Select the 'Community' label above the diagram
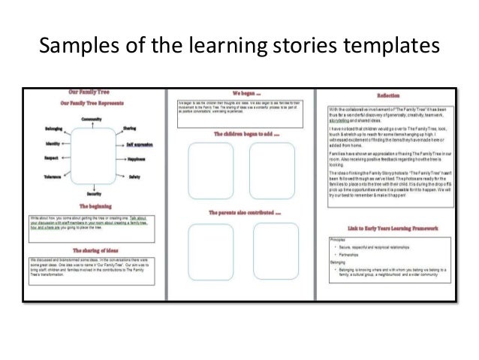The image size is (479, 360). click(x=92, y=119)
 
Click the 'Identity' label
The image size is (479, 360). click(x=53, y=143)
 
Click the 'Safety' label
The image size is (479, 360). click(x=134, y=177)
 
